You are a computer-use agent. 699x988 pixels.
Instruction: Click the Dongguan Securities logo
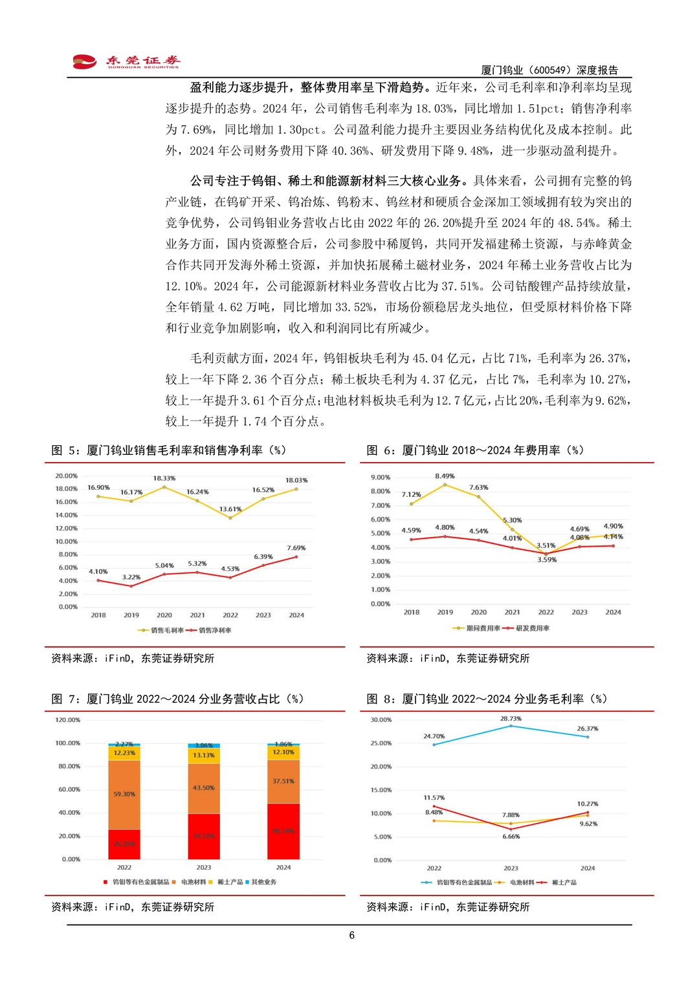pyautogui.click(x=126, y=61)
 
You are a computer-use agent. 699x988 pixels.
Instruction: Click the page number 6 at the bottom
pyautogui.click(x=351, y=935)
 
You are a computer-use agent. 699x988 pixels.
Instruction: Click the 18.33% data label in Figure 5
pyautogui.click(x=164, y=478)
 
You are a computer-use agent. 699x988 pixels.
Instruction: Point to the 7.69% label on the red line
pyautogui.click(x=296, y=547)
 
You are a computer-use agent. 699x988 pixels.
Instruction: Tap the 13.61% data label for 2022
pyautogui.click(x=230, y=509)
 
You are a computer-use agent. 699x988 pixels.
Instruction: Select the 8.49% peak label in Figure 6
pyautogui.click(x=445, y=476)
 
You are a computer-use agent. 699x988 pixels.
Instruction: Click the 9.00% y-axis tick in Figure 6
pyautogui.click(x=380, y=478)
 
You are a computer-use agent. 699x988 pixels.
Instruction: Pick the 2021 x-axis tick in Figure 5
pyautogui.click(x=197, y=615)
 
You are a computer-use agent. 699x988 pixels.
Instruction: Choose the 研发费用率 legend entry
pyautogui.click(x=532, y=628)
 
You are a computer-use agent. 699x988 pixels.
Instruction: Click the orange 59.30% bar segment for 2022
pyautogui.click(x=124, y=795)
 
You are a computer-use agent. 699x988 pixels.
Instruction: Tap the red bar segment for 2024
pyautogui.click(x=283, y=831)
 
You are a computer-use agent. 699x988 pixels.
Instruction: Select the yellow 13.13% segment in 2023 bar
pyautogui.click(x=204, y=756)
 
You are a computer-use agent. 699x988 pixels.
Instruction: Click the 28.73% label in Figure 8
pyautogui.click(x=511, y=718)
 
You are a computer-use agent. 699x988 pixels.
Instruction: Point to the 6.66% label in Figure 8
pyautogui.click(x=511, y=837)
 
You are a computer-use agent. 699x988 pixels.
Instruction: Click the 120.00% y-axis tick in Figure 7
pyautogui.click(x=67, y=719)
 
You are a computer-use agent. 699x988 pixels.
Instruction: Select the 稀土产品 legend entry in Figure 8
pyautogui.click(x=564, y=883)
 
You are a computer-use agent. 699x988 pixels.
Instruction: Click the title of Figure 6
pyautogui.click(x=475, y=450)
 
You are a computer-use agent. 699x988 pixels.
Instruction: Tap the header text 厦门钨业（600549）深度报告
pyautogui.click(x=549, y=70)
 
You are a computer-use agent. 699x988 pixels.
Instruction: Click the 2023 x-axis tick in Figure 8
pyautogui.click(x=511, y=868)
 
